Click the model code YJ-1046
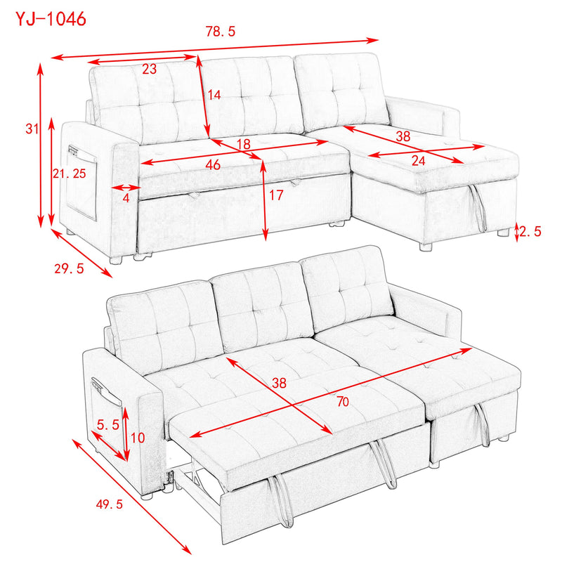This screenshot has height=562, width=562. pyautogui.click(x=51, y=20)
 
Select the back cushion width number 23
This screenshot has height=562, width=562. pyautogui.click(x=149, y=69)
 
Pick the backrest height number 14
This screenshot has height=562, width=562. pyautogui.click(x=215, y=96)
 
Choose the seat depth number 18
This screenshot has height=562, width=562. pyautogui.click(x=244, y=144)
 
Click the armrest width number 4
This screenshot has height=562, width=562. pyautogui.click(x=126, y=198)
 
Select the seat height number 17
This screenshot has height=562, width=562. pyautogui.click(x=275, y=196)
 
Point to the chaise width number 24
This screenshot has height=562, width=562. pyautogui.click(x=418, y=161)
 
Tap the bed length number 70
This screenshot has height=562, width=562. pyautogui.click(x=343, y=403)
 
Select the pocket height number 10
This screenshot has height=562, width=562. pyautogui.click(x=138, y=438)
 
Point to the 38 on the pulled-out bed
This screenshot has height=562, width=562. pyautogui.click(x=280, y=384)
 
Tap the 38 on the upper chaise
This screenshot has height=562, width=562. pyautogui.click(x=402, y=137)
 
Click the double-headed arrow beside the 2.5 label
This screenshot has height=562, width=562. pyautogui.click(x=518, y=231)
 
